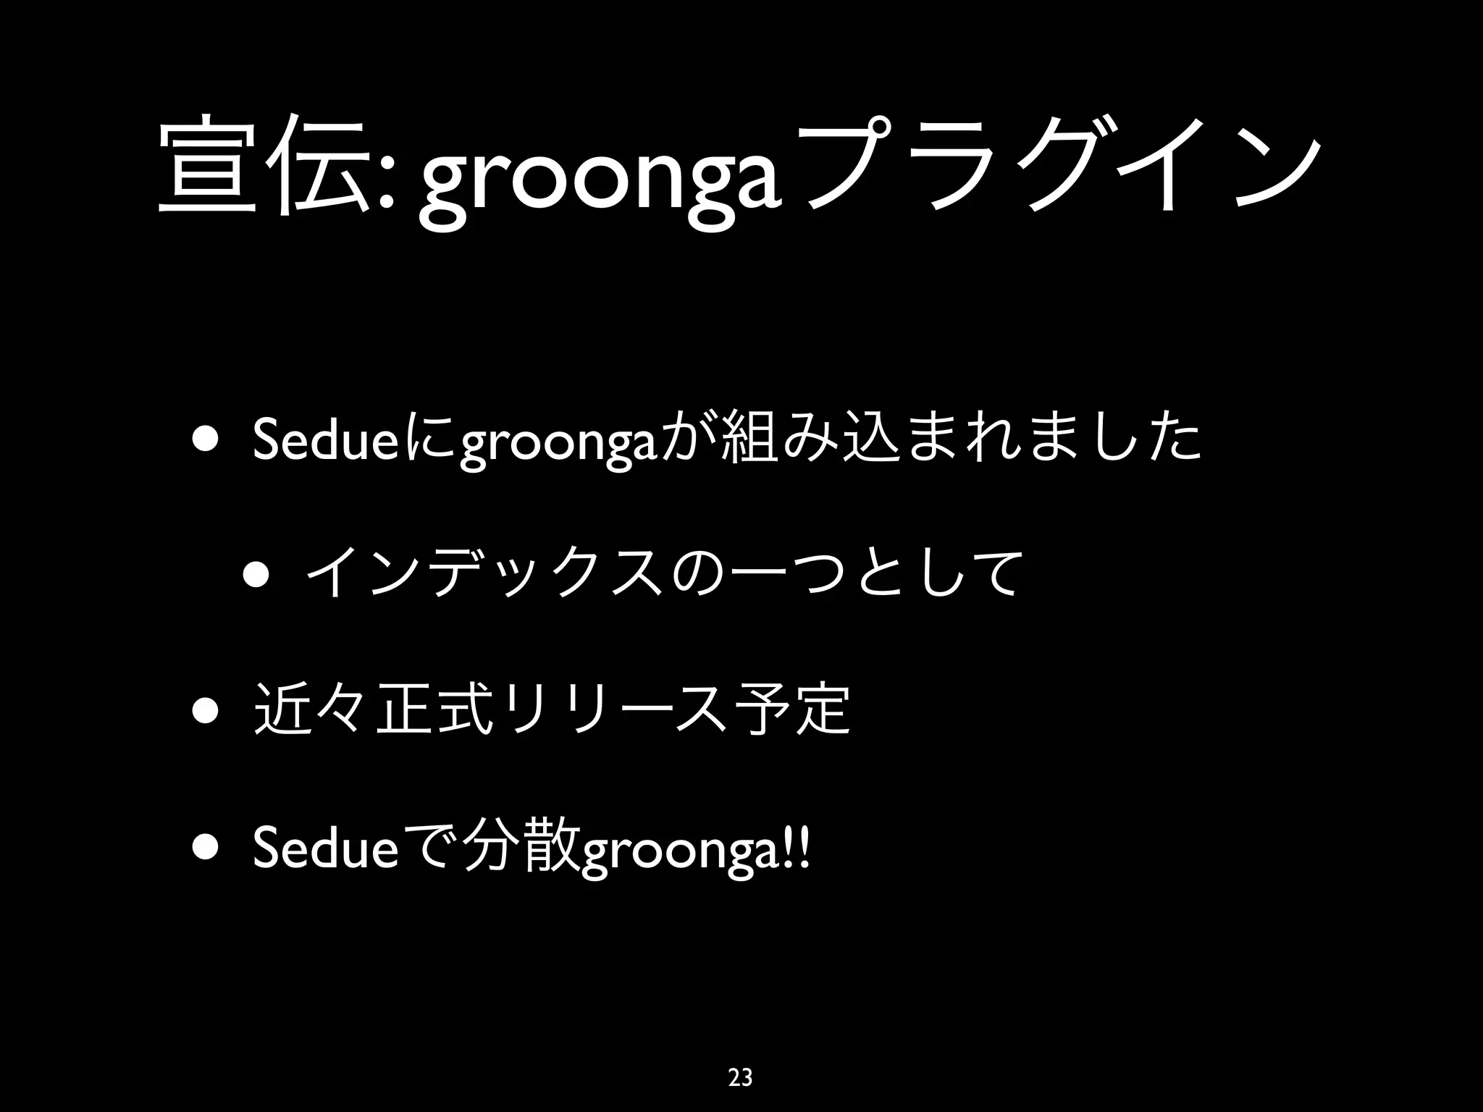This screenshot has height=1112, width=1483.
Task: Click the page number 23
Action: coord(740,1077)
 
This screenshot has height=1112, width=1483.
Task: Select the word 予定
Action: coord(792,709)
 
